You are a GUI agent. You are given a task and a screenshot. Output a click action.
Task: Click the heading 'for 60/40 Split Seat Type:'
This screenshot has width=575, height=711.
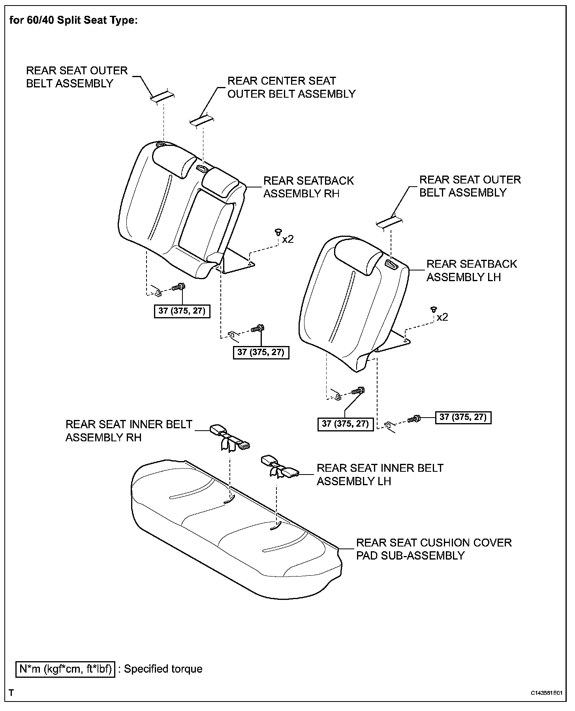pyautogui.click(x=73, y=20)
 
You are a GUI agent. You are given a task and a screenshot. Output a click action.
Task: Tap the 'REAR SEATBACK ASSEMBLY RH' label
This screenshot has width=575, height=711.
pyautogui.click(x=308, y=187)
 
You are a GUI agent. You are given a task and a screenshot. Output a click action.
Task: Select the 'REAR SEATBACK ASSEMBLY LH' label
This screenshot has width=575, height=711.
pyautogui.click(x=472, y=270)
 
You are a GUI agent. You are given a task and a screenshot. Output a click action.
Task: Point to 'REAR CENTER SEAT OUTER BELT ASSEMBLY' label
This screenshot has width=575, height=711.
pyautogui.click(x=291, y=87)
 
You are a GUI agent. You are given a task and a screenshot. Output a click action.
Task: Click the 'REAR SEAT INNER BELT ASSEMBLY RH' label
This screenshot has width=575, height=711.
pyautogui.click(x=129, y=431)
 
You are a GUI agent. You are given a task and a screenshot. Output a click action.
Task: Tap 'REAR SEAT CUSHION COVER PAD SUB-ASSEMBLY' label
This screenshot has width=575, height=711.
pyautogui.click(x=434, y=549)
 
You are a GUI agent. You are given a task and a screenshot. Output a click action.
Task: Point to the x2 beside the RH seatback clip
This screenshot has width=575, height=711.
pyautogui.click(x=288, y=239)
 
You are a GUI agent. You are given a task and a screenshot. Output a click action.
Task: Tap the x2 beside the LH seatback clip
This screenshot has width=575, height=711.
pyautogui.click(x=442, y=317)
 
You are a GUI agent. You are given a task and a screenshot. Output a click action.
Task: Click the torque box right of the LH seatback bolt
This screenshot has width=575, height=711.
pyautogui.click(x=463, y=417)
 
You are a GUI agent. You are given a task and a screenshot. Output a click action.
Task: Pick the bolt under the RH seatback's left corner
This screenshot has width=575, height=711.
pyautogui.click(x=180, y=286)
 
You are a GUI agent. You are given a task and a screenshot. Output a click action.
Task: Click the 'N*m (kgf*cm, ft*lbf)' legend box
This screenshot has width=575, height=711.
pyautogui.click(x=65, y=669)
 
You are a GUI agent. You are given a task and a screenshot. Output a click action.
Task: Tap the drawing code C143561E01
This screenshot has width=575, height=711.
pyautogui.click(x=546, y=693)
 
